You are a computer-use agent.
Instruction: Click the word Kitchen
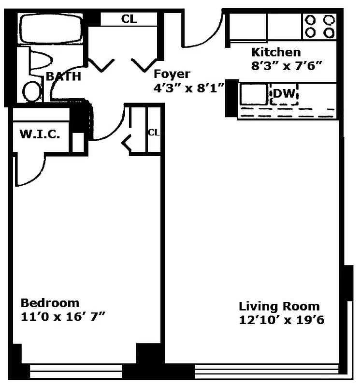(275, 52)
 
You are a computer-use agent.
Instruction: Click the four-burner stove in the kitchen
(319, 26)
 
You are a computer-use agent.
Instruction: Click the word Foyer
(172, 74)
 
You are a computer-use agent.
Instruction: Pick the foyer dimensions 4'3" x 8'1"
(188, 88)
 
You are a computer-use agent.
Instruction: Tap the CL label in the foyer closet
(129, 19)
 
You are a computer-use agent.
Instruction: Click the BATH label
(63, 76)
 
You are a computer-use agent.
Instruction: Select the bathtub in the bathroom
(51, 29)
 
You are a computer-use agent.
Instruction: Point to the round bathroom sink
(33, 91)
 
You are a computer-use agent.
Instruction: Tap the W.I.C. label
(40, 134)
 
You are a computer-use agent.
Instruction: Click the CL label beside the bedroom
(153, 132)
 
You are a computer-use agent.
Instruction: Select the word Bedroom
(50, 303)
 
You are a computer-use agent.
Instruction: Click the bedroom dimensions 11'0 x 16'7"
(63, 317)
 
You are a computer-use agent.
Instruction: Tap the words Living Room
(279, 306)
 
